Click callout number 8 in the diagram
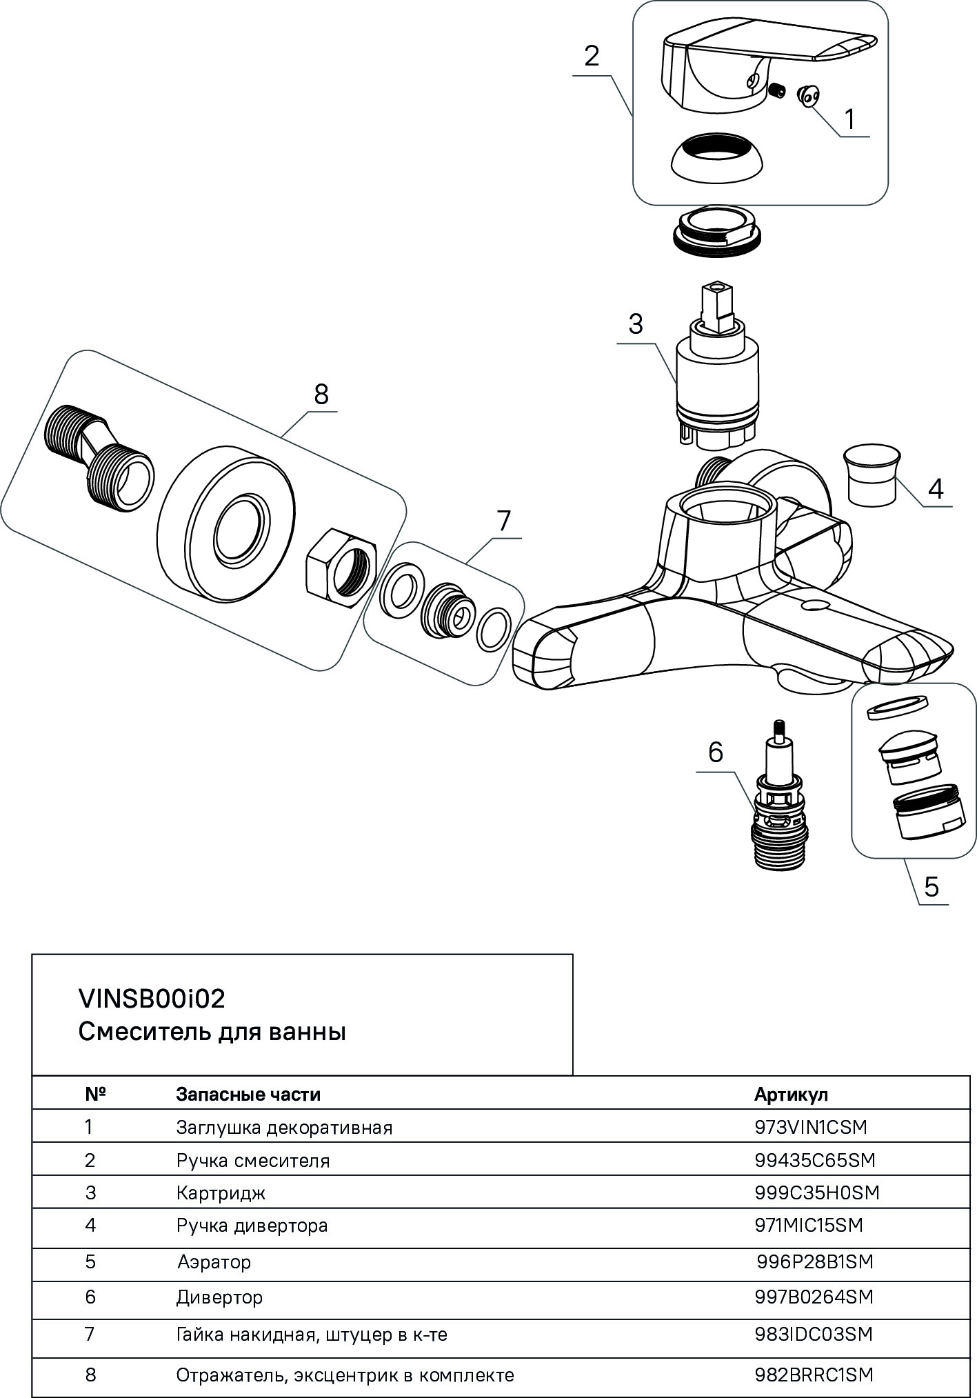321,395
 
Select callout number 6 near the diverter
715,752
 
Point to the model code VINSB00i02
152,999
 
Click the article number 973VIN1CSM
811,1127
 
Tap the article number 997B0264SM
814,1297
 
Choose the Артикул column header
791,1094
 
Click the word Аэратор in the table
214,1261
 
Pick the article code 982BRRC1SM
814,1375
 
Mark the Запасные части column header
248,1094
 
